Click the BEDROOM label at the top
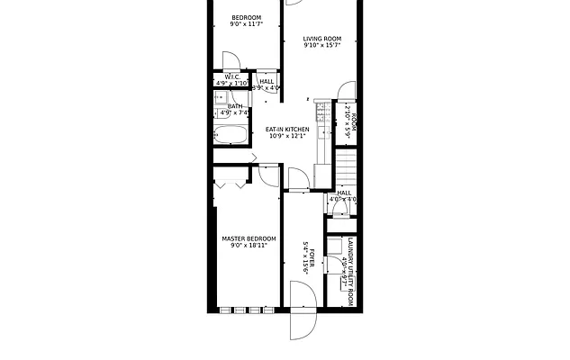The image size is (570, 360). pyautogui.click(x=246, y=18)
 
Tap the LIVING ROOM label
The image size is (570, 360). pyautogui.click(x=322, y=39)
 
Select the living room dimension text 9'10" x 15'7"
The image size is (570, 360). pyautogui.click(x=322, y=47)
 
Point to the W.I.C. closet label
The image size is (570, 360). pyautogui.click(x=231, y=76)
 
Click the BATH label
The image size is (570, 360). pyautogui.click(x=235, y=106)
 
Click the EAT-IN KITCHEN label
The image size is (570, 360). pyautogui.click(x=287, y=130)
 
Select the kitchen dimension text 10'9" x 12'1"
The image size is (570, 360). pyautogui.click(x=287, y=138)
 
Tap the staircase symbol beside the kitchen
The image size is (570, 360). pyautogui.click(x=348, y=166)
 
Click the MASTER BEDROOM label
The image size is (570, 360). pyautogui.click(x=249, y=238)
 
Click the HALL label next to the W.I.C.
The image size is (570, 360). pyautogui.click(x=267, y=81)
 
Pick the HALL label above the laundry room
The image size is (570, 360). pyautogui.click(x=343, y=193)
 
